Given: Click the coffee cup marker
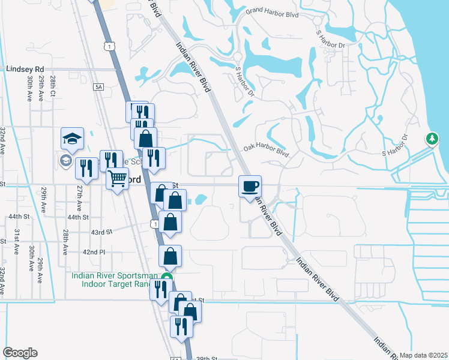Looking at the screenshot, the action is [x=250, y=185].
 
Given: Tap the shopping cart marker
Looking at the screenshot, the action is [x=117, y=178].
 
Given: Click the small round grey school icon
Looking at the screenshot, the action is [x=65, y=160].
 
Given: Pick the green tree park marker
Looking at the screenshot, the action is [x=432, y=139].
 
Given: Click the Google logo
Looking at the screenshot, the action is [x=20, y=353].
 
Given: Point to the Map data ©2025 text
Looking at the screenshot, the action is [x=424, y=355].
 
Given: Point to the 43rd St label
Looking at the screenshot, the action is [x=101, y=232].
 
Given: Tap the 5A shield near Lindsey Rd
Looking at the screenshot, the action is [x=99, y=88].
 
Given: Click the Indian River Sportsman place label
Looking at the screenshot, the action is [x=114, y=276].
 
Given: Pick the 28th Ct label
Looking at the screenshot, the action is [x=53, y=86].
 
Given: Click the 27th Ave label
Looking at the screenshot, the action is [x=79, y=196].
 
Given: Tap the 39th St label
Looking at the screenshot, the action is [x=206, y=358].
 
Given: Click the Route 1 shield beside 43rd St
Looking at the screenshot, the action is [x=155, y=223].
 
